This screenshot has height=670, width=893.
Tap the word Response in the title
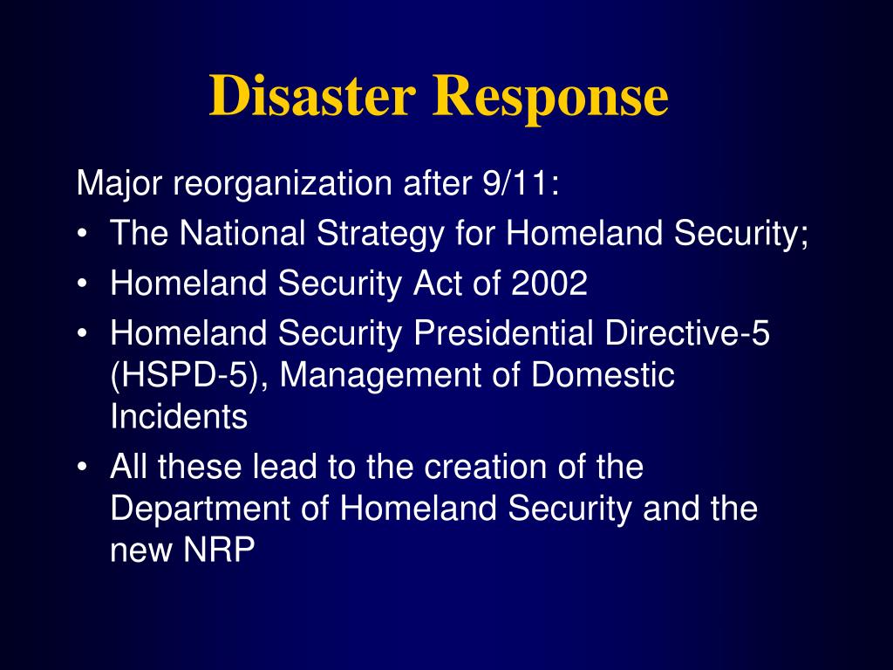click(x=550, y=97)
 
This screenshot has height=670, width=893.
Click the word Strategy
click(x=381, y=234)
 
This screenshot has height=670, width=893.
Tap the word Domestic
click(x=603, y=376)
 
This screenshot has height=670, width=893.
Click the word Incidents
click(x=179, y=417)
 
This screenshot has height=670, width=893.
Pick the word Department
click(x=194, y=509)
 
